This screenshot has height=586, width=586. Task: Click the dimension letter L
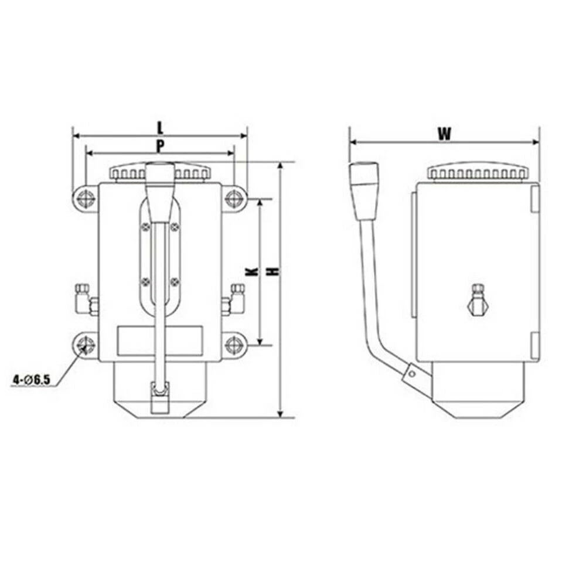click(159, 126)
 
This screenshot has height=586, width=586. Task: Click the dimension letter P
click(159, 145)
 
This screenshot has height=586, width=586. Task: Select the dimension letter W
click(444, 134)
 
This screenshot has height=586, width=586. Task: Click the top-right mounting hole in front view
click(234, 199)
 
